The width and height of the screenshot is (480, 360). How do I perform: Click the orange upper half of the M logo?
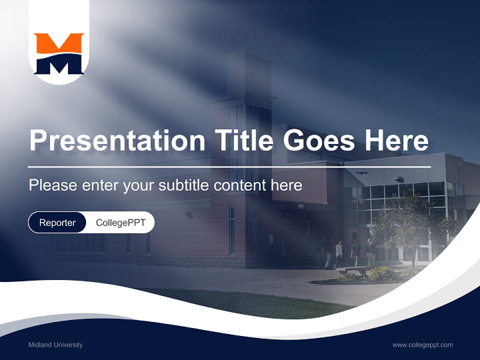[x=59, y=43]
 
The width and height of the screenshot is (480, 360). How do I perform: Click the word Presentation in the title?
[x=117, y=140]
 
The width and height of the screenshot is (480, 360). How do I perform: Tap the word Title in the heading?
[x=244, y=140]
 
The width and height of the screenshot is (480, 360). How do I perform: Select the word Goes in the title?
[x=318, y=140]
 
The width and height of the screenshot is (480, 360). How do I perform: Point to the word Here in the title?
[x=396, y=140]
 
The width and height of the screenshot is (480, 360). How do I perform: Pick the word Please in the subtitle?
[x=53, y=185]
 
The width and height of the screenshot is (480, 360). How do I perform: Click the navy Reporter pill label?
[x=57, y=222]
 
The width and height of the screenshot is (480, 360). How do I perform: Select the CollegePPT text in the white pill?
[x=120, y=222]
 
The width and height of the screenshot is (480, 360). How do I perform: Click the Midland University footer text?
[x=55, y=344]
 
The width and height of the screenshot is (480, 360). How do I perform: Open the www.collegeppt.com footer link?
[x=422, y=345]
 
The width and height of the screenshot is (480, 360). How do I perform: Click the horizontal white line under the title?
[x=229, y=167]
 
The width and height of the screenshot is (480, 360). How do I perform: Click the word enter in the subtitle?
[x=100, y=185]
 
